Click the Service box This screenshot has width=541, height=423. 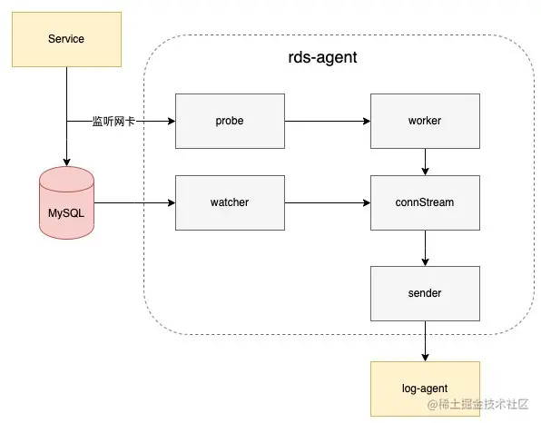coord(66,39)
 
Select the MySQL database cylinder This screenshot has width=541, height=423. coord(66,202)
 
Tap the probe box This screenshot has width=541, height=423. coord(230,121)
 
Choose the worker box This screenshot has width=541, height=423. coord(425,121)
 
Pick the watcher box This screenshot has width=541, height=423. coord(230,202)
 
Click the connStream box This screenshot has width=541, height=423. coord(425,202)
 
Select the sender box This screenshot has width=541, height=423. coord(425,293)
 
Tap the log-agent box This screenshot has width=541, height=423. coord(425,389)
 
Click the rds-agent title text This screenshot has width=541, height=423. coord(322,57)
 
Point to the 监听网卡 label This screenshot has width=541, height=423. coord(113,122)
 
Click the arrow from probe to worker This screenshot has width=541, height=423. coord(328,121)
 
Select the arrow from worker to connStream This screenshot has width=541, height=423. coord(425,162)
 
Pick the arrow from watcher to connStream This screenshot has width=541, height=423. coord(328,202)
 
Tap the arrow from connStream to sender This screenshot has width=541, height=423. coord(425,248)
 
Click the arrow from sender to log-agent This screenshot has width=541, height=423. coord(425,341)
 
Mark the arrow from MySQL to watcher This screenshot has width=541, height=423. coord(134,202)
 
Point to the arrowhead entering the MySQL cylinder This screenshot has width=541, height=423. coord(66,162)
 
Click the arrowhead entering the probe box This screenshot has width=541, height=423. coord(172,121)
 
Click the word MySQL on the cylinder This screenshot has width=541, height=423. coord(66,213)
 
